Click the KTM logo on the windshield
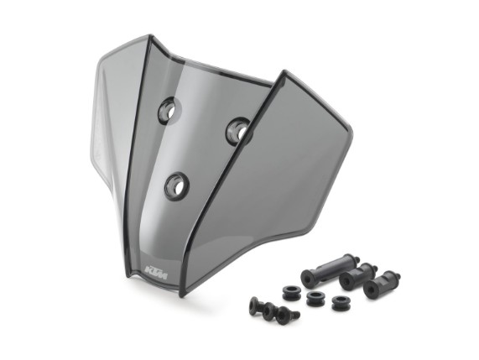tap(156, 273)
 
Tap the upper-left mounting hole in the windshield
tap(169, 110)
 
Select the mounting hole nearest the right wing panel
tap(239, 132)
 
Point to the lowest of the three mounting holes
tap(177, 186)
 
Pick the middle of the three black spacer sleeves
tap(357, 276)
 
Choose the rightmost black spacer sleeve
tap(382, 284)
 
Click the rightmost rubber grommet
tap(341, 303)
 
